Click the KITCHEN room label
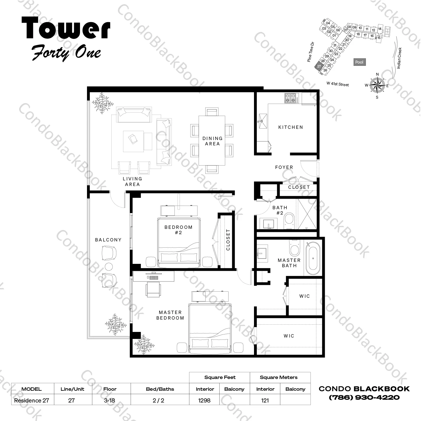pyautogui.click(x=291, y=127)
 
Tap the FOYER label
pyautogui.click(x=284, y=167)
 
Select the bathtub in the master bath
pyautogui.click(x=313, y=259)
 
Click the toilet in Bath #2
pyautogui.click(x=289, y=221)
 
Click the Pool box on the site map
pyautogui.click(x=359, y=62)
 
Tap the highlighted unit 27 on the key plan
pyautogui.click(x=319, y=66)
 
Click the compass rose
pyautogui.click(x=377, y=85)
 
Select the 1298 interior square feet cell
pyautogui.click(x=204, y=400)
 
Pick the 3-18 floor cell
pyautogui.click(x=109, y=400)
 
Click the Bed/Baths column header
pyautogui.click(x=160, y=389)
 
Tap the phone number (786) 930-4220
pyautogui.click(x=364, y=397)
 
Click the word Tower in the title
pyautogui.click(x=66, y=28)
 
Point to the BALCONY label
pyautogui.click(x=108, y=240)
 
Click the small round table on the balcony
pyautogui.click(x=108, y=266)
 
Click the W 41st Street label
pyautogui.click(x=338, y=84)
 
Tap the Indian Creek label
pyautogui.click(x=399, y=58)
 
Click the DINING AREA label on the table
pyautogui.click(x=212, y=141)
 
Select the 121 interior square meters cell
pyautogui.click(x=265, y=400)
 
